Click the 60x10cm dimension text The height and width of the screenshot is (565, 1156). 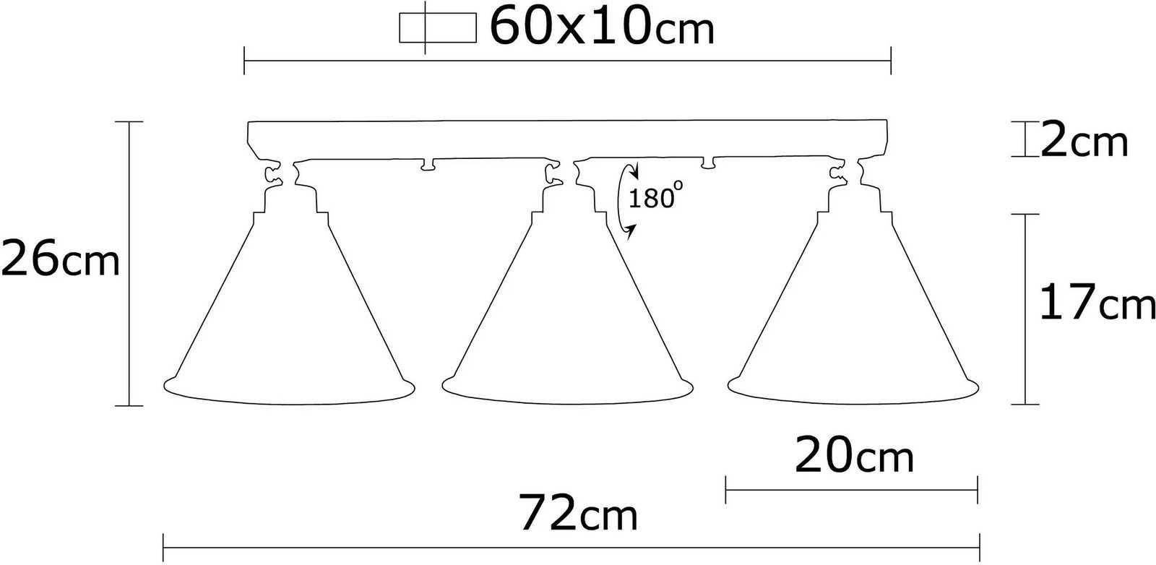602,26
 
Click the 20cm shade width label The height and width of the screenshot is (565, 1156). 854,455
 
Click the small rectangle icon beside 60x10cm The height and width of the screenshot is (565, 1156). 438,27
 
